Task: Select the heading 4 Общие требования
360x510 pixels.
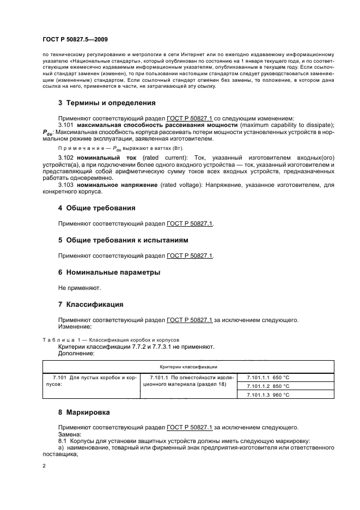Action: coord(97,208)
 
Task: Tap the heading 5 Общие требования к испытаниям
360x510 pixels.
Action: coord(124,240)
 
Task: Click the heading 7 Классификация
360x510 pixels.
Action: coord(91,304)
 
